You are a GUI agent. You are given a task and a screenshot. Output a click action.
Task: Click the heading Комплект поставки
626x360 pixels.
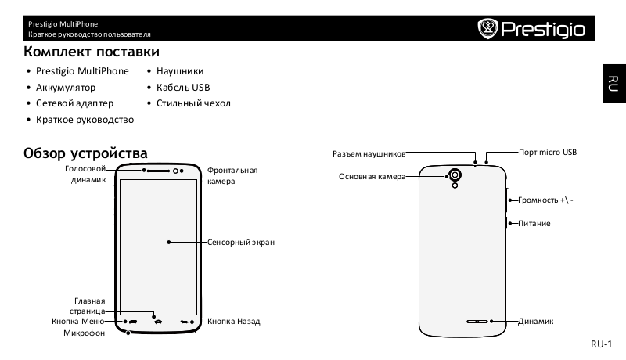pyautogui.click(x=92, y=52)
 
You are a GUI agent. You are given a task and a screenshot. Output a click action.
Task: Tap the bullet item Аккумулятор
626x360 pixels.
pyautogui.click(x=65, y=88)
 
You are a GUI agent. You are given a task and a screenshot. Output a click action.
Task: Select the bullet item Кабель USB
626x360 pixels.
pyautogui.click(x=183, y=88)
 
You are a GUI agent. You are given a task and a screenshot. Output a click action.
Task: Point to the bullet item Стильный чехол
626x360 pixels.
pyautogui.click(x=193, y=103)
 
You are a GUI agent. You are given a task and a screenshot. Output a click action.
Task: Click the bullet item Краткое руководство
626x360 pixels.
pyautogui.click(x=85, y=120)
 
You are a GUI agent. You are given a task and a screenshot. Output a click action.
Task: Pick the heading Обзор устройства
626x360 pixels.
pyautogui.click(x=86, y=152)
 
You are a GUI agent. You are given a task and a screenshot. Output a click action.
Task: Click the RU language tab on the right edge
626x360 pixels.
pyautogui.click(x=614, y=82)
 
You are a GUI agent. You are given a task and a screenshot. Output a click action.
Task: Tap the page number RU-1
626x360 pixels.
pyautogui.click(x=601, y=344)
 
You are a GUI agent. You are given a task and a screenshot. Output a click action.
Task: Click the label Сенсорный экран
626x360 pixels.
pyautogui.click(x=241, y=243)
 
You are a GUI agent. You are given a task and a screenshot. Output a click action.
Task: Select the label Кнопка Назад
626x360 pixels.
pyautogui.click(x=234, y=322)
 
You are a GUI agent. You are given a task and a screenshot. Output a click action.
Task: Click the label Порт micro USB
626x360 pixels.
pyautogui.click(x=548, y=152)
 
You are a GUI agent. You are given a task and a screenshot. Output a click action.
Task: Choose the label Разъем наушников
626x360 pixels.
pyautogui.click(x=369, y=154)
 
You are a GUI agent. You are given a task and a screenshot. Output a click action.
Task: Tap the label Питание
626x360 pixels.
pyautogui.click(x=534, y=224)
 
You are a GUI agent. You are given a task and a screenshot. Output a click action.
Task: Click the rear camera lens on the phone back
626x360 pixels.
pyautogui.click(x=454, y=175)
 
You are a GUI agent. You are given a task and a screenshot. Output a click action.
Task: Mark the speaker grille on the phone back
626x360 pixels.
pyautogui.click(x=478, y=322)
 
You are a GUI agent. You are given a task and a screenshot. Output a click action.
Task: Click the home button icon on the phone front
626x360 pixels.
pyautogui.click(x=158, y=322)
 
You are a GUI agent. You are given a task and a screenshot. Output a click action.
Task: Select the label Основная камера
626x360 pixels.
pyautogui.click(x=372, y=177)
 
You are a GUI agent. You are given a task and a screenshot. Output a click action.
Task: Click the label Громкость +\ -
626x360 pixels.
pyautogui.click(x=545, y=200)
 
